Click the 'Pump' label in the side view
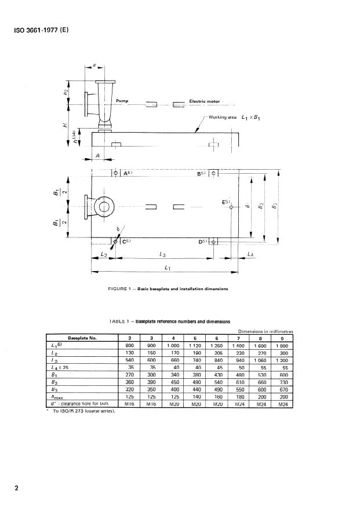coord(122,101)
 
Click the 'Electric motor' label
coord(209,101)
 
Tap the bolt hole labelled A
coord(115,173)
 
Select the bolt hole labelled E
coord(231,207)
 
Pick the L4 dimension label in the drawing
coord(250,255)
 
